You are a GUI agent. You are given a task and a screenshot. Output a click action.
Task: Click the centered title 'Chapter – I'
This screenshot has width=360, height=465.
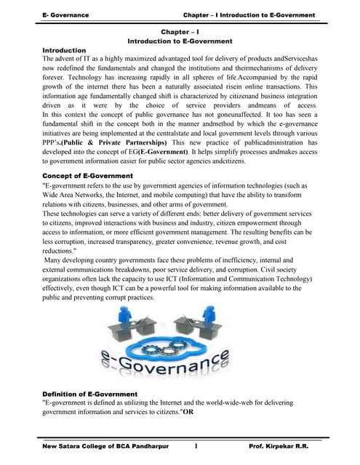coord(179,33)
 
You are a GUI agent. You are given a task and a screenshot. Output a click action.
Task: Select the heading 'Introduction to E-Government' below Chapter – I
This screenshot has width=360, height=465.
coord(180,42)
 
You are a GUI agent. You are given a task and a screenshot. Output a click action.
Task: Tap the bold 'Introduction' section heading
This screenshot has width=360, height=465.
coord(65,51)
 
